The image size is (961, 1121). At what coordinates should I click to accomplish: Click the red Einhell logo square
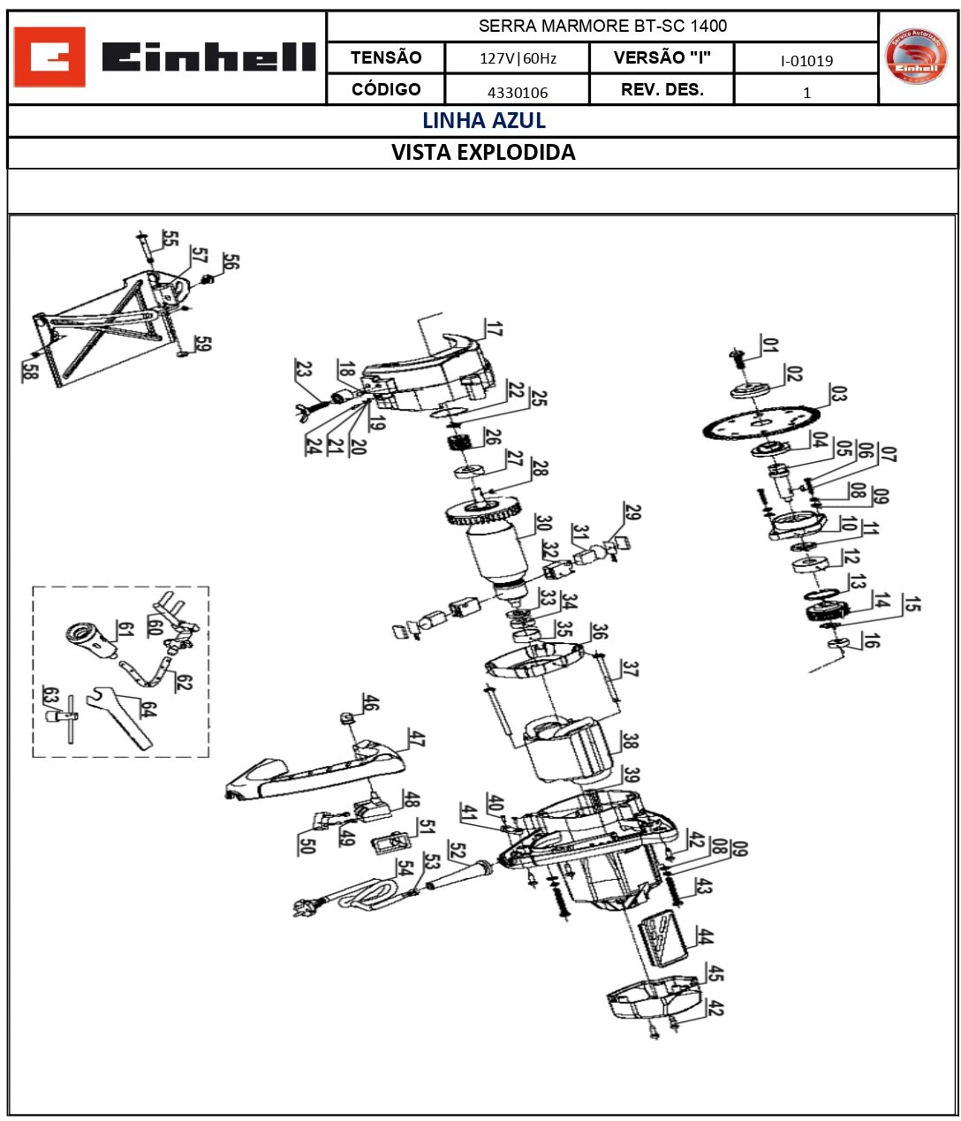[50, 57]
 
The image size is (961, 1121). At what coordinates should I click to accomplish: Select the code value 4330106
[517, 92]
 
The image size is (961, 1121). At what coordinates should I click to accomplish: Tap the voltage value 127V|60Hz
[517, 59]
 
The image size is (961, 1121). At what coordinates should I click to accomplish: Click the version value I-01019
[806, 60]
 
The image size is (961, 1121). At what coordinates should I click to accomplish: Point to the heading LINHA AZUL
[483, 121]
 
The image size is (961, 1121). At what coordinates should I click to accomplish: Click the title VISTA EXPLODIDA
[483, 153]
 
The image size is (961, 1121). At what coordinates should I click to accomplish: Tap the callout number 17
[493, 329]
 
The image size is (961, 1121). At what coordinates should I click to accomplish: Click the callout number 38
[629, 740]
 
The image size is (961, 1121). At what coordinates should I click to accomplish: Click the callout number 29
[632, 512]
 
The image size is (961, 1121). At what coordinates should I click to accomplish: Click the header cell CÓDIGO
[386, 89]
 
